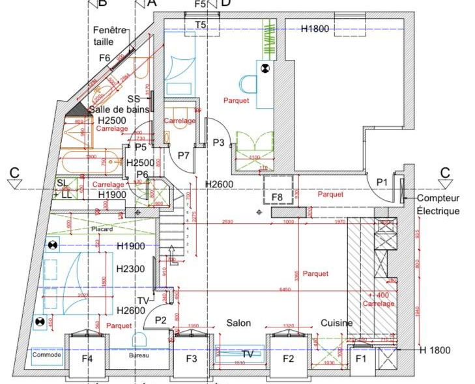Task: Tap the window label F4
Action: (x=87, y=359)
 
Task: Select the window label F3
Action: (x=192, y=359)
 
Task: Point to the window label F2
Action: (x=288, y=359)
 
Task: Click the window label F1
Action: (x=360, y=359)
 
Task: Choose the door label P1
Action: (x=381, y=182)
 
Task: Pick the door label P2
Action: (x=160, y=320)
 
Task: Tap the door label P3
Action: (x=219, y=143)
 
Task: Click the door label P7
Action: (x=183, y=156)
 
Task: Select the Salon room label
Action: (x=238, y=323)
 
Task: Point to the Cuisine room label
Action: (x=336, y=323)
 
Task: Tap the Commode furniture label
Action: (x=46, y=355)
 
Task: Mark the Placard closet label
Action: (x=102, y=229)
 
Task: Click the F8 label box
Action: (x=277, y=197)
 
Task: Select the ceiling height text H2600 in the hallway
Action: (x=219, y=184)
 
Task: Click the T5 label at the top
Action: (x=201, y=25)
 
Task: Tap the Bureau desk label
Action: (x=139, y=355)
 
